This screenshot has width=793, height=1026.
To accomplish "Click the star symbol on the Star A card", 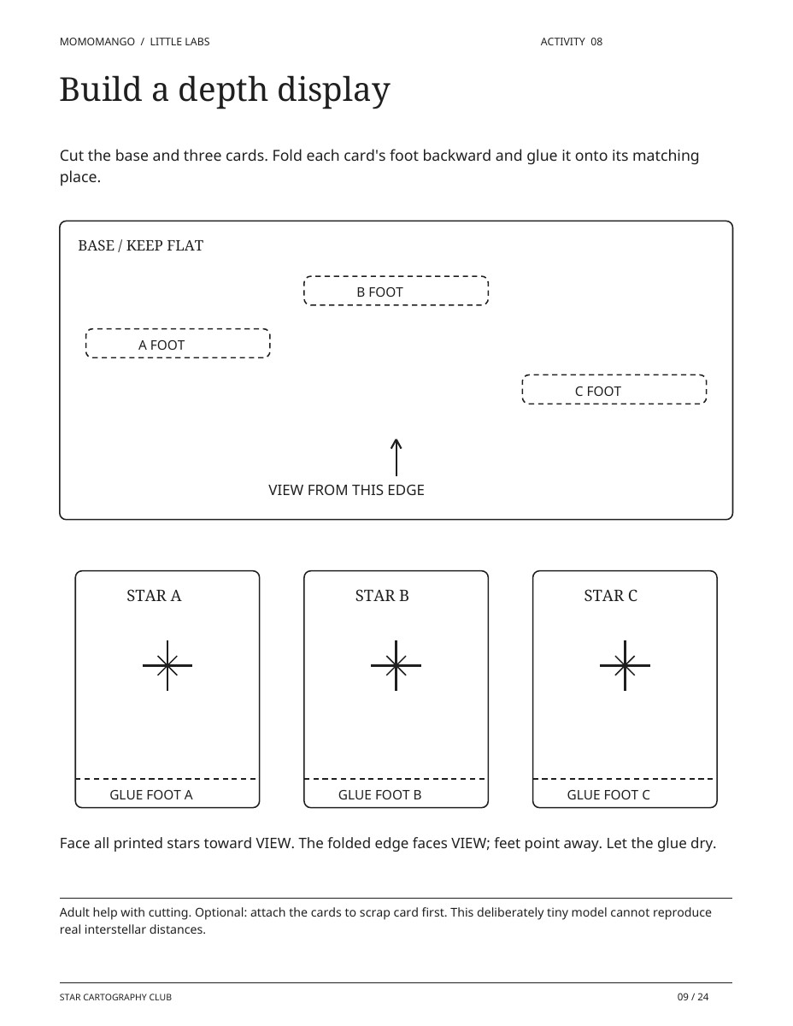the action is [x=167, y=665].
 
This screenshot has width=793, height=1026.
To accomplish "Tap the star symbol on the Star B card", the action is [x=396, y=665].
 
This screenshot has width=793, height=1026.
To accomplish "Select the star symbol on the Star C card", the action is [x=625, y=665].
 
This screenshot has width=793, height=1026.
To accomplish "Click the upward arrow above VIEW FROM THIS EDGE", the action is [x=396, y=457].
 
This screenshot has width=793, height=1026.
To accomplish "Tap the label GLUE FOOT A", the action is [x=151, y=794].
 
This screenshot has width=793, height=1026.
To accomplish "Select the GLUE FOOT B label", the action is [x=379, y=794].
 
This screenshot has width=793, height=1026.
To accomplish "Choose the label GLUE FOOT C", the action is [x=608, y=794].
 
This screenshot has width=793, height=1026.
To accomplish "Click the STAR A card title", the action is [x=154, y=595].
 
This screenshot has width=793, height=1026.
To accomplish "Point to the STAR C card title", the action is [x=610, y=595].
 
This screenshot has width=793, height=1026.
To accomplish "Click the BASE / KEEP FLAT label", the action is [x=141, y=245].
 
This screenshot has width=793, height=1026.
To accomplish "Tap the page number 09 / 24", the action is [x=692, y=997].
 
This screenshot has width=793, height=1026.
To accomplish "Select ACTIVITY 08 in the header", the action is [x=572, y=42].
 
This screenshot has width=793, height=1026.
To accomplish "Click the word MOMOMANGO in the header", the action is [x=97, y=42].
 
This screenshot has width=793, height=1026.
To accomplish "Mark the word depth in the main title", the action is [x=223, y=90].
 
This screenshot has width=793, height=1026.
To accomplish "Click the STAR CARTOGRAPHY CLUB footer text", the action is [x=115, y=997].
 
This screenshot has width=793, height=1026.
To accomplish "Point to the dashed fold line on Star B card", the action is [x=396, y=779].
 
